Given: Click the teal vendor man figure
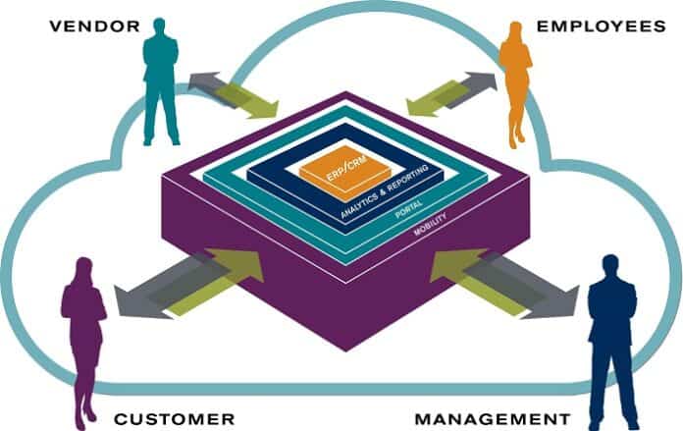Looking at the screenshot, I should [161, 83].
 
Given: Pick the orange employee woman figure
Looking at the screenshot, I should [515, 83].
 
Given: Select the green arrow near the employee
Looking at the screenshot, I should [437, 98].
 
